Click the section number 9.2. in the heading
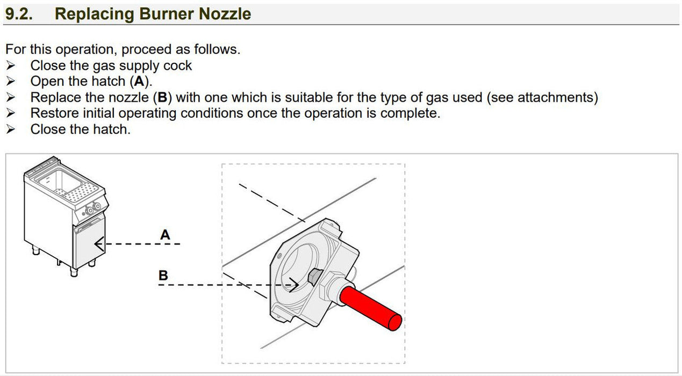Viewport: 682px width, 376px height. click(19, 14)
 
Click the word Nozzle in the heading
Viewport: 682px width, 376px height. click(225, 14)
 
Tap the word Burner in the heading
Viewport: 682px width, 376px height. click(166, 14)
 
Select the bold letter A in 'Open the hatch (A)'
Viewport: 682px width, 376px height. click(139, 81)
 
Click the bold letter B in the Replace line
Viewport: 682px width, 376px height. click(163, 97)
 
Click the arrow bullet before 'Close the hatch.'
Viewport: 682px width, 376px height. click(11, 129)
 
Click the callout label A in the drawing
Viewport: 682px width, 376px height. click(165, 235)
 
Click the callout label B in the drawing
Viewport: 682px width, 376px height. click(163, 276)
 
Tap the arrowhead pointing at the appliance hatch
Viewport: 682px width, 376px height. click(99, 244)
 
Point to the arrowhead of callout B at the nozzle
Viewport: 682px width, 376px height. click(294, 285)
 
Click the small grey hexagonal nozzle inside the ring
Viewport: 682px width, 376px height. click(314, 277)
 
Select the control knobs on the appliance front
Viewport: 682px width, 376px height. click(93, 208)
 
